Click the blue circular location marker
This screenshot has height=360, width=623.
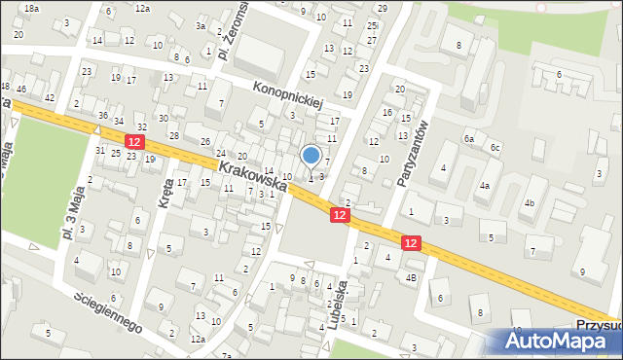point(311,155)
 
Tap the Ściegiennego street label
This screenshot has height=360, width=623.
point(108,310)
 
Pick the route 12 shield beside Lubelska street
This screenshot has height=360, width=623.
point(339,214)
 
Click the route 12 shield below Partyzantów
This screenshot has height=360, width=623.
point(412,243)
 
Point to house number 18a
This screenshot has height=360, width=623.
point(31,8)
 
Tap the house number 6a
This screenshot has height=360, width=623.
point(468,139)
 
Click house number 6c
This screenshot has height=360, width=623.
point(495,147)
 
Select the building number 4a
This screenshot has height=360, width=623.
point(484,185)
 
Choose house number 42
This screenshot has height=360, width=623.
point(49,98)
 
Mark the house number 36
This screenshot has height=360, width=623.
point(103,116)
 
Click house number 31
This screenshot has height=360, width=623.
point(100,150)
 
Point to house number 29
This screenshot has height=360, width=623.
point(382,8)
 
